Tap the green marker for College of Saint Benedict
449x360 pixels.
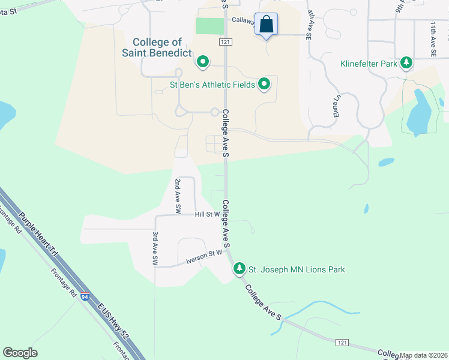point(203,61)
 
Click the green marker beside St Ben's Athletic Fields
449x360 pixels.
point(264,84)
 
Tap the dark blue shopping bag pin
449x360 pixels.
point(267,25)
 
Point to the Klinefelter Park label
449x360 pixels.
point(369,63)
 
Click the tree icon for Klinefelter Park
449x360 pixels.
point(407,62)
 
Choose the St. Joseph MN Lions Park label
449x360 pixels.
point(297,269)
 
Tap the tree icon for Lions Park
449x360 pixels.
point(240,268)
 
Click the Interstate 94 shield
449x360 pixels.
point(85,296)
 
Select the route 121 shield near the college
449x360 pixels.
point(225,42)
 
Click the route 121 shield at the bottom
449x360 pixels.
point(341,341)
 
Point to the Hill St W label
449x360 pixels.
point(208,214)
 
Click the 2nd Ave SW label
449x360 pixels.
point(178,196)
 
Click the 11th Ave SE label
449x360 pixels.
point(433,39)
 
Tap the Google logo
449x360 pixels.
point(20,353)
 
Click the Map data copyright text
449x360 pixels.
point(423,355)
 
